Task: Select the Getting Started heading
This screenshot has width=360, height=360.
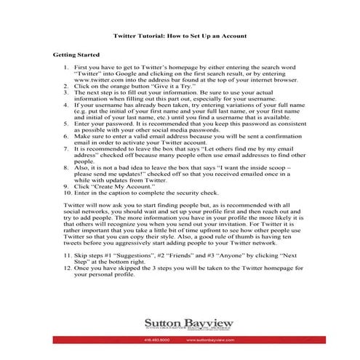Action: [76, 55]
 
